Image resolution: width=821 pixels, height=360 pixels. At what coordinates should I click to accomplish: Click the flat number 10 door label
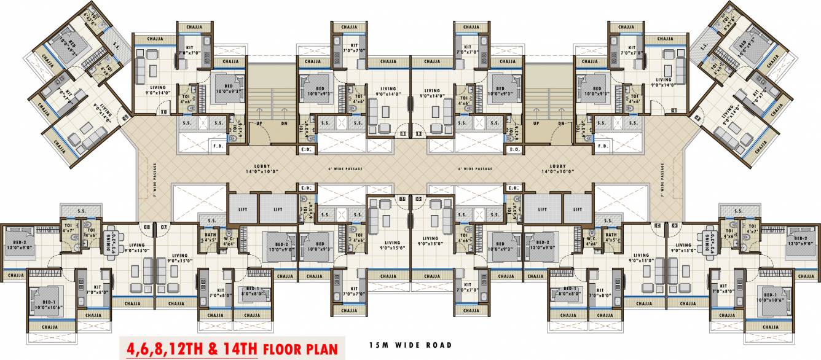pyautogui.click(x=163, y=112)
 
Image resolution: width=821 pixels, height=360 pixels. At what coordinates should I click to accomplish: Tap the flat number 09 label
pyautogui.click(x=126, y=115)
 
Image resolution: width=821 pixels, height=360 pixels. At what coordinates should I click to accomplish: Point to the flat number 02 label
pyautogui.click(x=697, y=115)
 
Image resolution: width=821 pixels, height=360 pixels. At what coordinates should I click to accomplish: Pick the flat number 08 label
pyautogui.click(x=146, y=227)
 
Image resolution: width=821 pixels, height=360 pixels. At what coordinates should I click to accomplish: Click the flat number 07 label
pyautogui.click(x=163, y=227)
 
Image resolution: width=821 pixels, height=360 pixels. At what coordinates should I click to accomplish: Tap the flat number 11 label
pyautogui.click(x=403, y=133)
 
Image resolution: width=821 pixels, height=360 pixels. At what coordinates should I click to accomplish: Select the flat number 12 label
pyautogui.click(x=418, y=133)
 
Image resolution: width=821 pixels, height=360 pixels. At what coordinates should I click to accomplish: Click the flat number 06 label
pyautogui.click(x=403, y=199)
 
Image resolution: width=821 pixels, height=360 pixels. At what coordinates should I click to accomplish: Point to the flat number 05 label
pyautogui.click(x=418, y=199)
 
